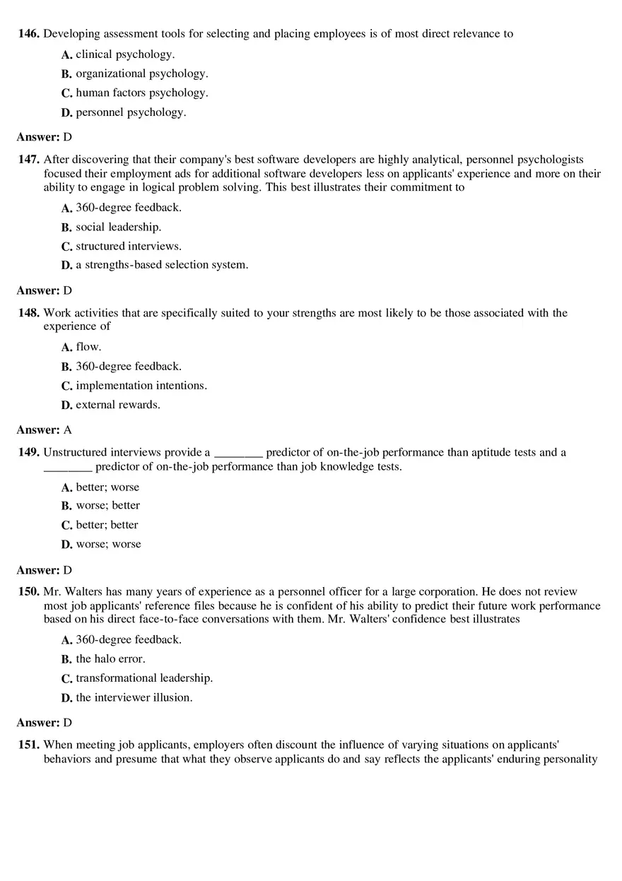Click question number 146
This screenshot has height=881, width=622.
(x=29, y=33)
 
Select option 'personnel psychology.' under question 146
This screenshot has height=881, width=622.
(x=131, y=112)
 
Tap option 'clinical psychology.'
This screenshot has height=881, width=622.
(x=125, y=54)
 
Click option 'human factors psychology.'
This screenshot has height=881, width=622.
(x=141, y=93)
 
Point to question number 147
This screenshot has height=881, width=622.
(x=29, y=160)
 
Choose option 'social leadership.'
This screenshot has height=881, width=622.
(x=118, y=227)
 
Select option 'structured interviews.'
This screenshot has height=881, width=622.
(x=129, y=246)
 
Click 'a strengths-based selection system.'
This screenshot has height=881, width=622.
(x=162, y=264)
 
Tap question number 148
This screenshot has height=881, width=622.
(x=29, y=313)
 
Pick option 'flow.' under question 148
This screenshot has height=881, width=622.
(x=88, y=346)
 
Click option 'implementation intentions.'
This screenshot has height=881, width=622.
(x=141, y=385)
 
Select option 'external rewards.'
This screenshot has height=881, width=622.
(x=118, y=404)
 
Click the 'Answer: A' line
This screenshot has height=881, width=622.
(x=44, y=430)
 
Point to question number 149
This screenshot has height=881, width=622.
(x=29, y=452)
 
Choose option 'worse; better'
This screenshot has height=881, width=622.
(x=107, y=505)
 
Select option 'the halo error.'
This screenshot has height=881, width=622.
(x=110, y=658)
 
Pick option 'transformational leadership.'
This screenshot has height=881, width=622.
(x=144, y=678)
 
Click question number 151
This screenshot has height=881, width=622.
(x=29, y=745)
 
